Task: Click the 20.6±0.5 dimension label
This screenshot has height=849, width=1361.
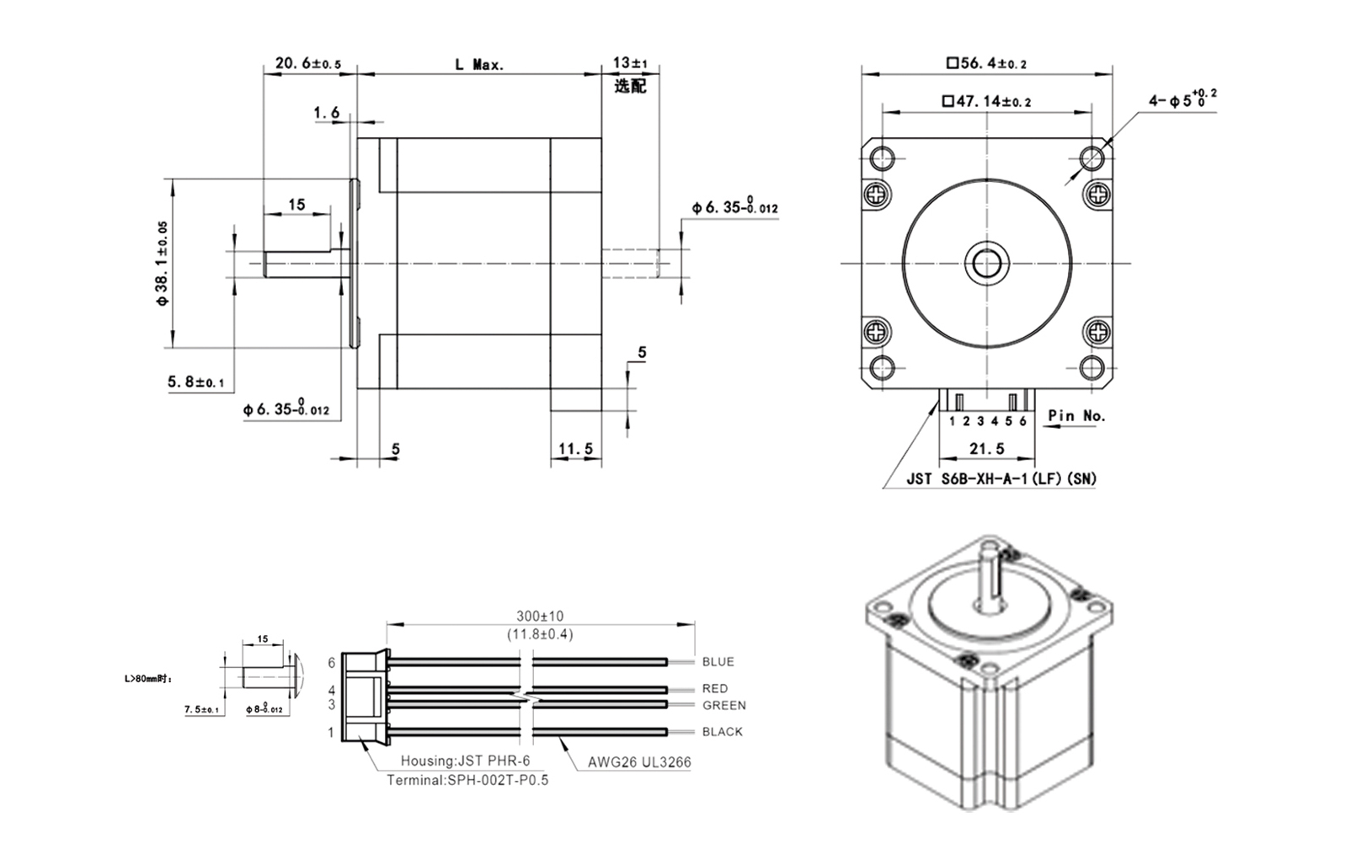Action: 308,64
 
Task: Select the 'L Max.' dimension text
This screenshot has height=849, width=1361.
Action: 479,65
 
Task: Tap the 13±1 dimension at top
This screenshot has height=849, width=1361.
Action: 629,63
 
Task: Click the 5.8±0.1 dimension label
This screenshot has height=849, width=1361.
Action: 196,382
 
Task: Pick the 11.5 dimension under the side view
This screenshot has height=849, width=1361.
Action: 576,450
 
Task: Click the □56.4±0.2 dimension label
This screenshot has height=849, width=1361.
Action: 986,63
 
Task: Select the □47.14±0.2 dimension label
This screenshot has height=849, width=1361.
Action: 986,102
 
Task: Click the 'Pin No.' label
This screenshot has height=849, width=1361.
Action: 1076,416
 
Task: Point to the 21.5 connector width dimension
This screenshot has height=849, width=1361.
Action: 986,450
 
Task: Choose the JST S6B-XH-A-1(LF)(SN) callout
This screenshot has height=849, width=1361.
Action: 1001,479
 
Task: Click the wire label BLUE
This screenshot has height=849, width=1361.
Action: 718,662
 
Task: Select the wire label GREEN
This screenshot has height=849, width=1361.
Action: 723,706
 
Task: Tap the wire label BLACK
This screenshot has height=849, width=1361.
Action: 722,732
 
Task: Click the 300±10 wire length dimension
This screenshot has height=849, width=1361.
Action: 540,617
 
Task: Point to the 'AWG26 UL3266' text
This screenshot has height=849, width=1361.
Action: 639,763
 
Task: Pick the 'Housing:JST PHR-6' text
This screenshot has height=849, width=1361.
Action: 465,761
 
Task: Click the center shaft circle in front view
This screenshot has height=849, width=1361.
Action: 986,264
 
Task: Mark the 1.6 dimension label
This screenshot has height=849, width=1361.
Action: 327,113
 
